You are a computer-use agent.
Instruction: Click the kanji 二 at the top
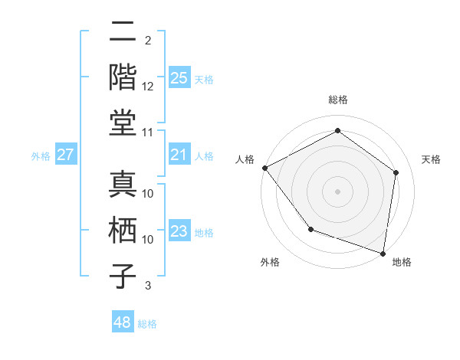123,33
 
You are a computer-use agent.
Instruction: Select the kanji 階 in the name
123,77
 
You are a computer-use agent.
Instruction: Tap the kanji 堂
123,123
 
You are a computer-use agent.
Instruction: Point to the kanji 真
123,185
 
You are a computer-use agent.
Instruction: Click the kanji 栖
123,231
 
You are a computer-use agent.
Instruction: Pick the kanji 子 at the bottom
123,277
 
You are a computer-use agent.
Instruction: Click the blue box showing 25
179,78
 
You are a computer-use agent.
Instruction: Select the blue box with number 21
179,155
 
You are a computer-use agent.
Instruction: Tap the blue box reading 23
179,232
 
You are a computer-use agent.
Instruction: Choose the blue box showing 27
65,155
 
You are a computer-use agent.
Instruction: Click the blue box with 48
123,323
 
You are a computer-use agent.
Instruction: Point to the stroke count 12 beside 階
148,87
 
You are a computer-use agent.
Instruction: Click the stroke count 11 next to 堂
148,133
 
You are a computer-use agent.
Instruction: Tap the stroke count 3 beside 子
148,286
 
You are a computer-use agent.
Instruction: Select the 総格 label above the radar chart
338,100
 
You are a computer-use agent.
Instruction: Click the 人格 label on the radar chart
245,159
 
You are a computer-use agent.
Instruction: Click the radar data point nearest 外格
310,229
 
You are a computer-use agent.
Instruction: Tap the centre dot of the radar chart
337,191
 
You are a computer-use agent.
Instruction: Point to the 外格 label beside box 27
41,156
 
